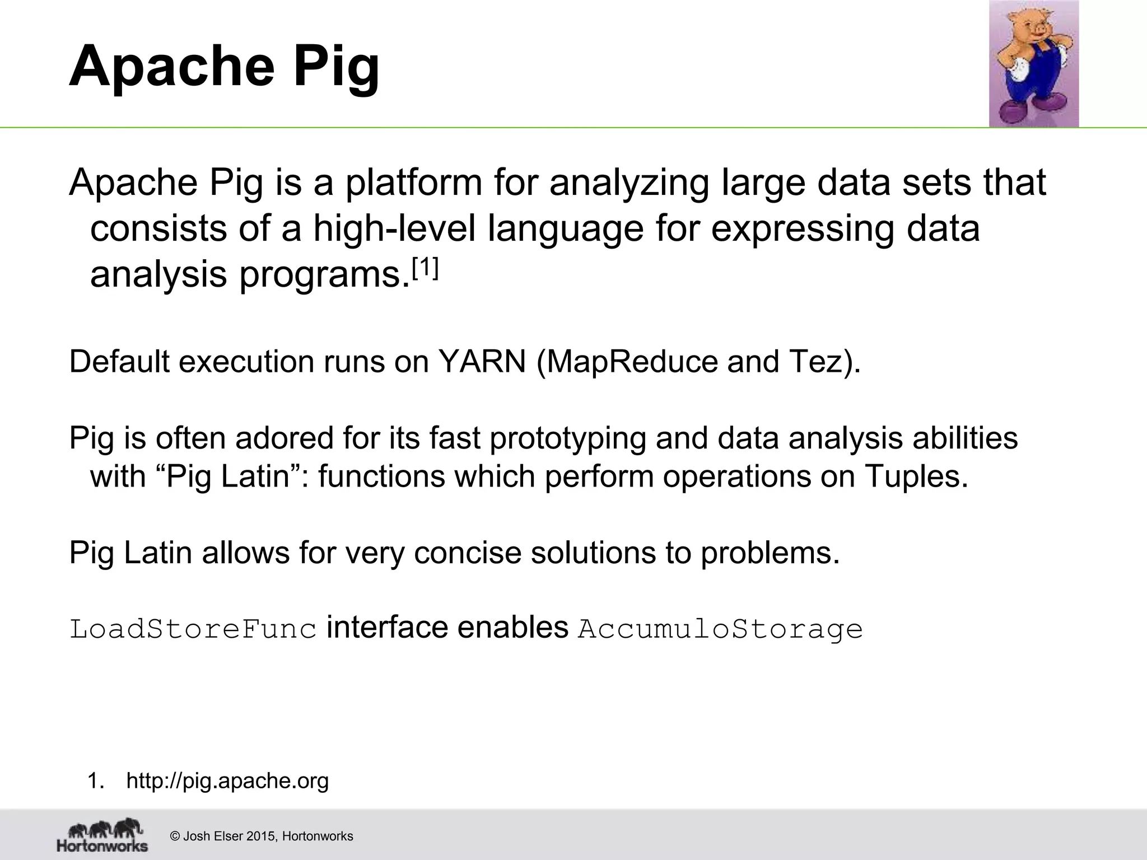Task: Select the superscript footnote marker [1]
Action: pos(425,270)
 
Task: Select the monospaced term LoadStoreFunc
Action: pos(193,629)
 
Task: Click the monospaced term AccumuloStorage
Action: pos(720,629)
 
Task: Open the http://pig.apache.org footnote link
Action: pos(227,780)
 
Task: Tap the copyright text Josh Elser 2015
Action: pos(230,836)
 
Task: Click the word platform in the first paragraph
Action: pos(413,183)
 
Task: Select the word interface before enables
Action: pos(387,628)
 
